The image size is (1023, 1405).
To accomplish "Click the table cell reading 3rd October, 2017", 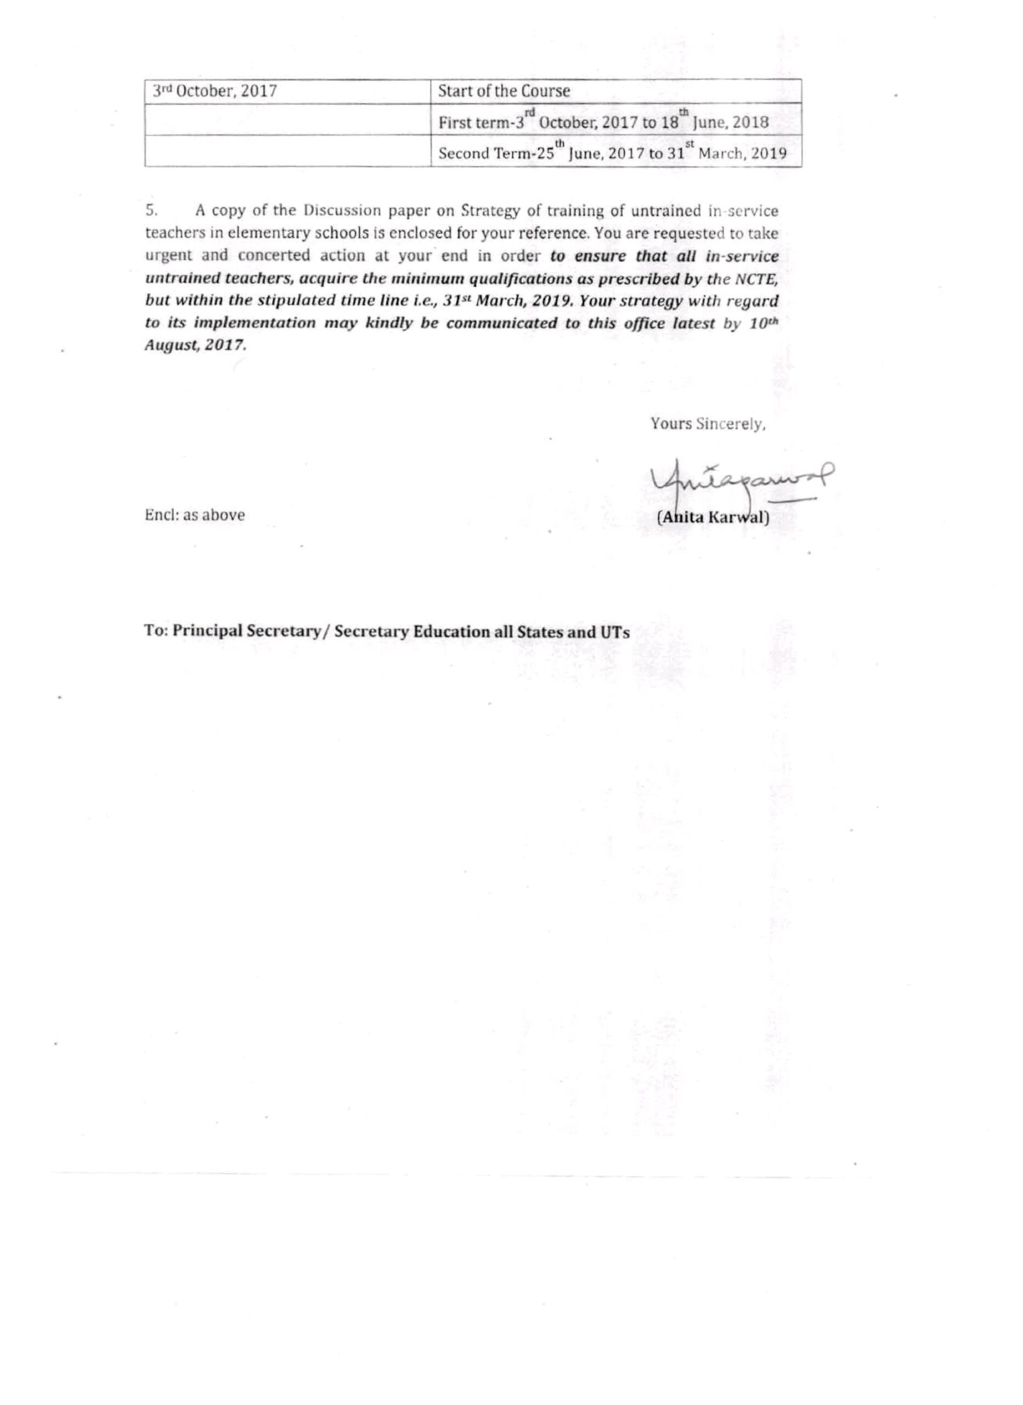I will click(215, 92).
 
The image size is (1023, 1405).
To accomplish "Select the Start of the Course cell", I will click(504, 91).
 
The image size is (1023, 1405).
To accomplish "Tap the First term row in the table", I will click(603, 121).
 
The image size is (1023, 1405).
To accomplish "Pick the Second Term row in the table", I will click(612, 152).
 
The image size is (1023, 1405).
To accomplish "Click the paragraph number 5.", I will click(152, 211).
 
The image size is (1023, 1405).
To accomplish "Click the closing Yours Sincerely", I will click(708, 424).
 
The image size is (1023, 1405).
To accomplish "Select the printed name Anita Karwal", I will click(713, 516).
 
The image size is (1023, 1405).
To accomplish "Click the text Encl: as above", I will click(194, 515).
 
